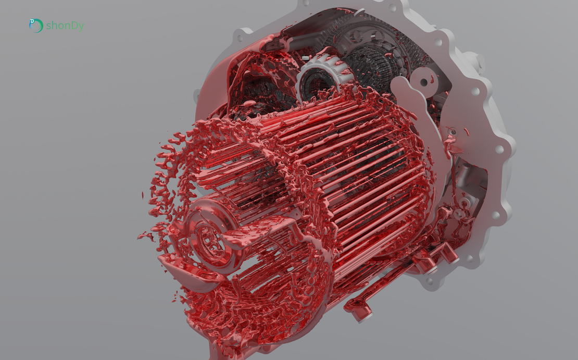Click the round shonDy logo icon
pos(36,26)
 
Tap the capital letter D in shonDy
pos(71,26)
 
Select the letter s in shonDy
pos(48,27)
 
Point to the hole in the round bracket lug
pos(424,82)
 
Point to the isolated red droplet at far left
pos(143,194)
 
